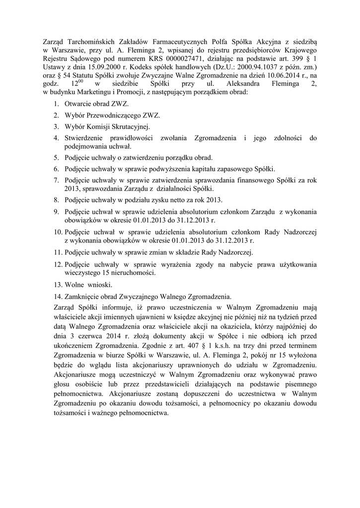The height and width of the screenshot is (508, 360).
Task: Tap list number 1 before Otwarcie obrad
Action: [x=55, y=105]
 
